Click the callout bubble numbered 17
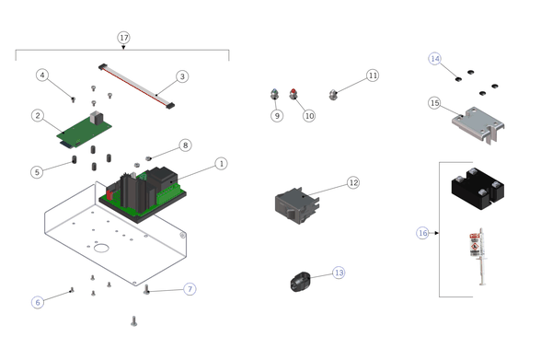click(x=123, y=38)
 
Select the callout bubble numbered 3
click(x=182, y=76)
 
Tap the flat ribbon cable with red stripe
click(x=136, y=86)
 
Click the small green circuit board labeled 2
click(x=85, y=129)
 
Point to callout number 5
click(x=37, y=172)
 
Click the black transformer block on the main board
click(x=162, y=179)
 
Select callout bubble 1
click(x=221, y=164)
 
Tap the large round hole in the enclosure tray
click(x=101, y=248)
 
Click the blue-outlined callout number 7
click(x=190, y=289)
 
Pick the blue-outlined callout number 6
click(x=38, y=302)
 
